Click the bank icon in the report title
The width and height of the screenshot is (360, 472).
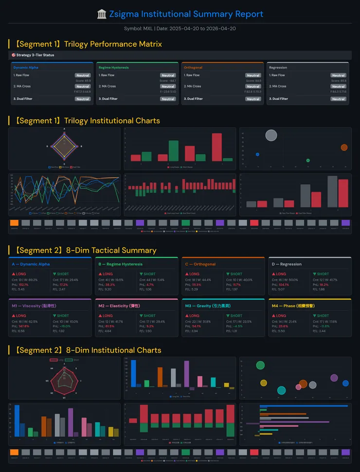[x=102, y=14]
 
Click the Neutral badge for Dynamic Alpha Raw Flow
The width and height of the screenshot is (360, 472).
[x=83, y=75]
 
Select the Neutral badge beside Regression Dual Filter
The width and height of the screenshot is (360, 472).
[x=338, y=99]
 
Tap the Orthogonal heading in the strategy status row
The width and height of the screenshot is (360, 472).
[x=193, y=68]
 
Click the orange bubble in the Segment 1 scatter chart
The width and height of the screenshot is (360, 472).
[x=344, y=147]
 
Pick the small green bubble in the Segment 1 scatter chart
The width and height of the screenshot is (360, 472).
[x=308, y=160]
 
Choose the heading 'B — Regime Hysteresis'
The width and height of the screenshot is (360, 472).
[x=121, y=264]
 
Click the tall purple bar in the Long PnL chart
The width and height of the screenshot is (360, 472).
[x=186, y=373]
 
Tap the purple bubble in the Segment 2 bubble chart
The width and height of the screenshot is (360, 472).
[x=334, y=378]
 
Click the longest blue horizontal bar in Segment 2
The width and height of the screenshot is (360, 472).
[x=304, y=406]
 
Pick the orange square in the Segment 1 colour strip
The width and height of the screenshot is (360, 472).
[x=14, y=222]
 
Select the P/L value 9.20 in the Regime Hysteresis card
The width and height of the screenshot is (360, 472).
[x=105, y=290]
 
